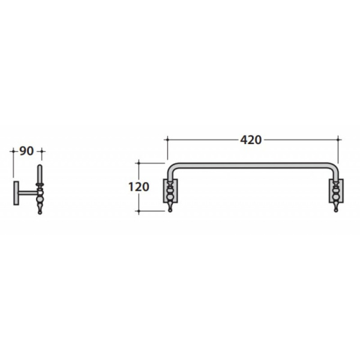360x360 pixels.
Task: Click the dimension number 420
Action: (251, 140)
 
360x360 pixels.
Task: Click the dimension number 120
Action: (139, 187)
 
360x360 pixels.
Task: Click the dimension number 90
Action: (26, 151)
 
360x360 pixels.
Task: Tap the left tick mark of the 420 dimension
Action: (167, 139)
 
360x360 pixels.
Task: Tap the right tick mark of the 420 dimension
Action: (338, 139)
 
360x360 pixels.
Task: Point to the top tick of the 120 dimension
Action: (139, 163)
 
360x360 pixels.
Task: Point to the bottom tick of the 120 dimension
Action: (139, 211)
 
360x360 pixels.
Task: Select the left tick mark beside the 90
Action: (13, 151)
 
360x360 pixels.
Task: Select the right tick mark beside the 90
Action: (41, 151)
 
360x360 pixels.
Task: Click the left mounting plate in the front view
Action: (170, 191)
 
